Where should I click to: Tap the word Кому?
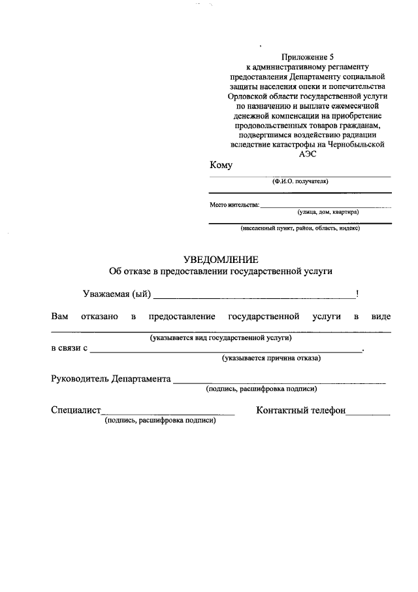(221, 165)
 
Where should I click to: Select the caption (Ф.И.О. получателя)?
(300, 181)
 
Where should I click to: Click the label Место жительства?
(234, 204)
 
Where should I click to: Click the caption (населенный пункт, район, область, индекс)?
(300, 228)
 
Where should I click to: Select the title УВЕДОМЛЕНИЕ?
(221, 259)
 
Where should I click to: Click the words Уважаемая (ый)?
(117, 294)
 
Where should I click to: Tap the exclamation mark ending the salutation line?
(357, 294)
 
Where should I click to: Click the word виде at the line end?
(381, 317)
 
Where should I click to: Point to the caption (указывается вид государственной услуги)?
(220, 338)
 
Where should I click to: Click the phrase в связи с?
(69, 348)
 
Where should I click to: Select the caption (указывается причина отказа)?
(270, 358)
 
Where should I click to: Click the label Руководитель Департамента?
(111, 379)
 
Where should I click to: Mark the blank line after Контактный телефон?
(368, 413)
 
